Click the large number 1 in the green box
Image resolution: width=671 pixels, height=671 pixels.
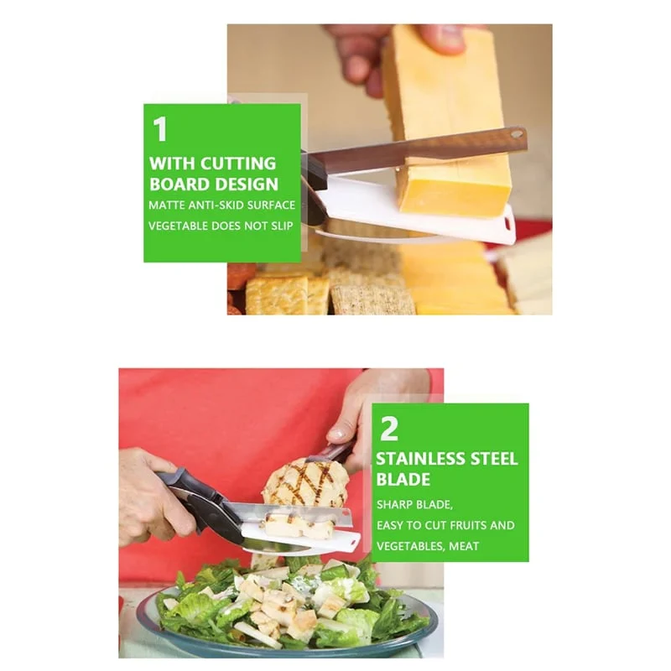160,129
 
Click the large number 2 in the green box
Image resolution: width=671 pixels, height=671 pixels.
389,429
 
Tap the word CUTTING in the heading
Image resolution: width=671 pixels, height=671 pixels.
238,164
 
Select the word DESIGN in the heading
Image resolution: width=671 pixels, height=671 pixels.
246,184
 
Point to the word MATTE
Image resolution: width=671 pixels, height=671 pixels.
166,205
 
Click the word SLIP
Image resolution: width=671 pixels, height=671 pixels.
282,226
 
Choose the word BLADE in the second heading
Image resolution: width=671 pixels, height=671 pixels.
403,479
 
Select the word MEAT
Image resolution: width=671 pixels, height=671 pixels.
464,546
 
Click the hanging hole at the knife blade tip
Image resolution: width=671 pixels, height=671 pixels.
517,134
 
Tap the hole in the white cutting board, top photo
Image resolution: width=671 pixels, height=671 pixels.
508,223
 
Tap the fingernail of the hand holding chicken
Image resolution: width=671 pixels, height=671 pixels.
338,434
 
